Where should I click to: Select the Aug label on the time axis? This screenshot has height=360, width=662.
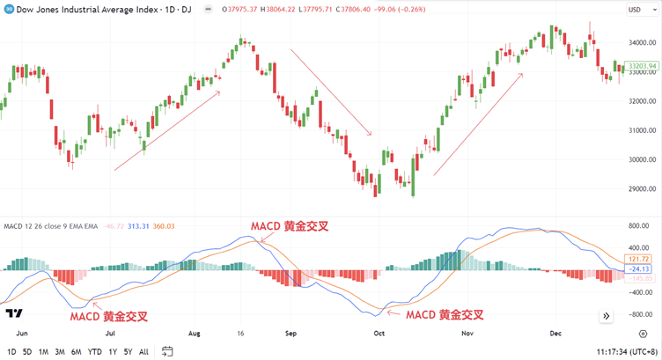point(195,334)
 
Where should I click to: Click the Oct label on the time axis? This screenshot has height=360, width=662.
point(379,334)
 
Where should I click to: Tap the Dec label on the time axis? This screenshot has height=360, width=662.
point(555,334)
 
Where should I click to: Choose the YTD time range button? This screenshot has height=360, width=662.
point(94,352)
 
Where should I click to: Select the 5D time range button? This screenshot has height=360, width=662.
point(27,352)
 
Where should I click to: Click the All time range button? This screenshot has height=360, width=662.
point(143,352)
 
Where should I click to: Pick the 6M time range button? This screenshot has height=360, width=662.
point(77,352)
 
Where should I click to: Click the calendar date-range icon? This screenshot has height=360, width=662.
point(167,351)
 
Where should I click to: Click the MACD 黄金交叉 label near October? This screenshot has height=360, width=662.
point(444,313)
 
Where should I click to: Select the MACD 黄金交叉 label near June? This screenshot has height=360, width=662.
point(108,316)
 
